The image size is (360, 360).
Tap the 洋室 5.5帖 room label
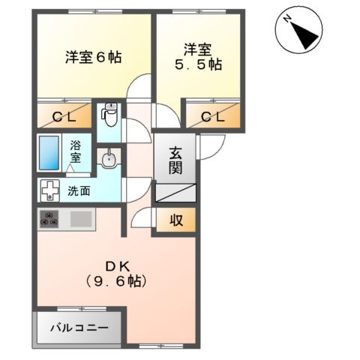click(199, 57)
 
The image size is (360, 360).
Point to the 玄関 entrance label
click(176, 160)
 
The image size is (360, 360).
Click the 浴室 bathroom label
click(76, 153)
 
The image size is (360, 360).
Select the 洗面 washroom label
click(79, 190)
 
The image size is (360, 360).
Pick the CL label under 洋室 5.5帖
click(213, 116)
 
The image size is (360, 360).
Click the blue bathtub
click(51, 154)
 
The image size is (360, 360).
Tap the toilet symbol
click(110, 115)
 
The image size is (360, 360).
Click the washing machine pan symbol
click(50, 190)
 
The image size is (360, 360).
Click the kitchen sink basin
click(79, 220)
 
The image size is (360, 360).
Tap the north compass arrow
click(305, 34)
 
